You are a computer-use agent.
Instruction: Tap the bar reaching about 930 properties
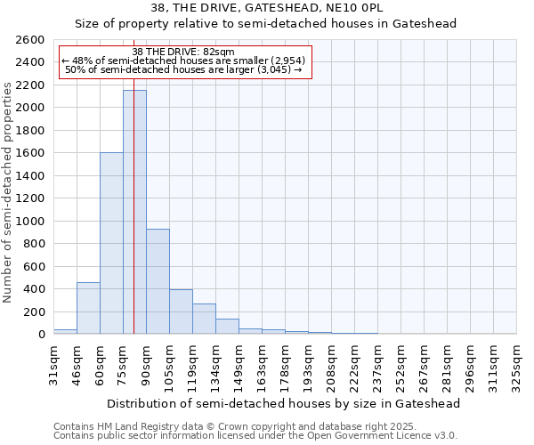(x=158, y=281)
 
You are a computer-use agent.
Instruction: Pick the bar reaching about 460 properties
(x=88, y=308)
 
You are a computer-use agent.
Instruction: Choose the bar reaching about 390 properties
(x=181, y=311)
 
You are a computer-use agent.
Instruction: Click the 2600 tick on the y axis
(x=31, y=40)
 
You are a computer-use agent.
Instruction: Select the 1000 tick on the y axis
(x=31, y=222)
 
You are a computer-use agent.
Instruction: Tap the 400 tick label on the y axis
(x=35, y=289)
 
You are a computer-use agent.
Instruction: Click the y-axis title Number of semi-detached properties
(x=9, y=191)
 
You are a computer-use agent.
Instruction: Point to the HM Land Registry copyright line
(x=255, y=426)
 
